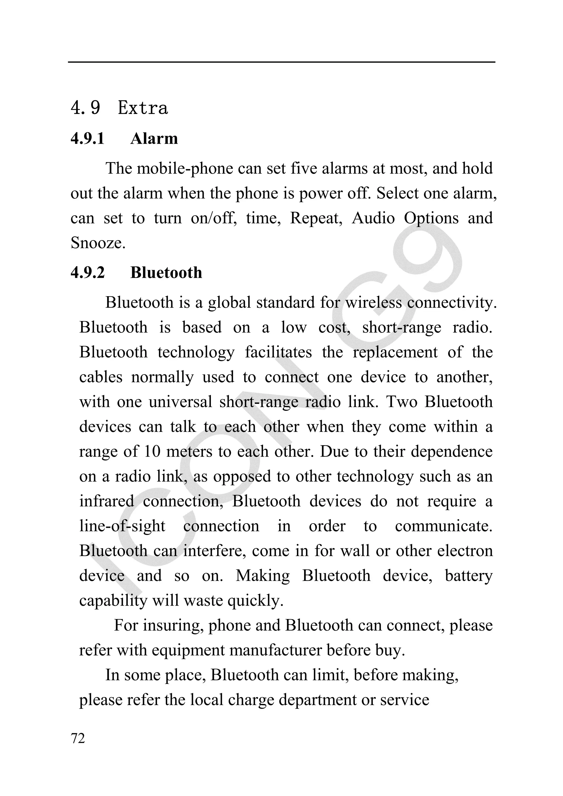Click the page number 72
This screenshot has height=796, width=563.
pyautogui.click(x=78, y=739)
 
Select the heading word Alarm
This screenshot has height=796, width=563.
pyautogui.click(x=154, y=139)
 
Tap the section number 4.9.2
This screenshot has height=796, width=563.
pyautogui.click(x=87, y=273)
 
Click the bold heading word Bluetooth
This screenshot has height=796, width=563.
pyautogui.click(x=166, y=273)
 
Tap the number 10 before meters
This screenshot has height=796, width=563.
pyautogui.click(x=152, y=451)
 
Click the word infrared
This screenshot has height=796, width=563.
pyautogui.click(x=106, y=501)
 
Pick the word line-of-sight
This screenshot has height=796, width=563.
pyautogui.click(x=122, y=526)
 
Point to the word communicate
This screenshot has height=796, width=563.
pyautogui.click(x=444, y=526)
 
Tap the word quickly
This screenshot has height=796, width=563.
pyautogui.click(x=255, y=600)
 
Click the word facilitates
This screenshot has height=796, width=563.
pyautogui.click(x=278, y=352)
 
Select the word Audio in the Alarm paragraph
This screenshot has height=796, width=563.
pyautogui.click(x=373, y=218)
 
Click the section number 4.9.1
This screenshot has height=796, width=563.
pyautogui.click(x=87, y=139)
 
